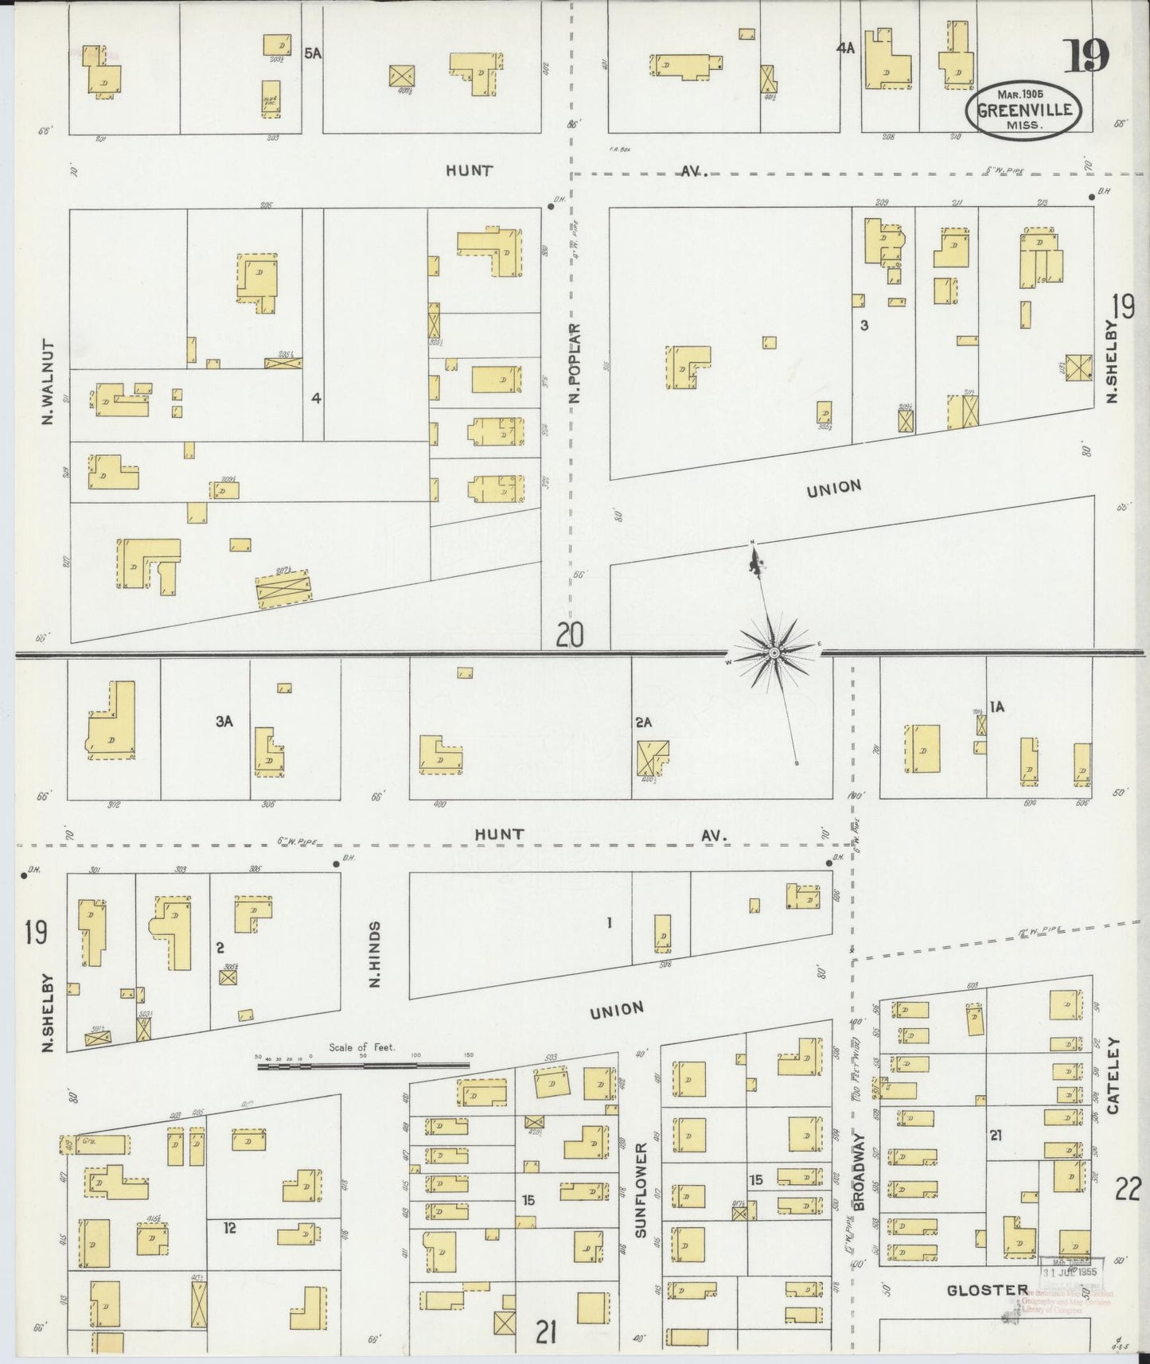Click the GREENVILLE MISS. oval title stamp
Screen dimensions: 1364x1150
[1023, 111]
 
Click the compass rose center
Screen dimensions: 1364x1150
[774, 653]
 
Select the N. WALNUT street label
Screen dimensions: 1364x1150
[48, 383]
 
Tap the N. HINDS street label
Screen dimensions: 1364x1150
[375, 954]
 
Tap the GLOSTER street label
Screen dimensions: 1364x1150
[986, 1290]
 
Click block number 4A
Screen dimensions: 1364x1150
[844, 48]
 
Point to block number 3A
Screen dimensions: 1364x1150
[223, 721]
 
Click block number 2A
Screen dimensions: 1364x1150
[644, 723]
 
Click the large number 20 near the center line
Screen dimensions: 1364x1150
[570, 635]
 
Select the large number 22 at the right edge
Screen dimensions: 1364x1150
[1128, 1191]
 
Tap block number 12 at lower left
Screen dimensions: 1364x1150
[230, 1228]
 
